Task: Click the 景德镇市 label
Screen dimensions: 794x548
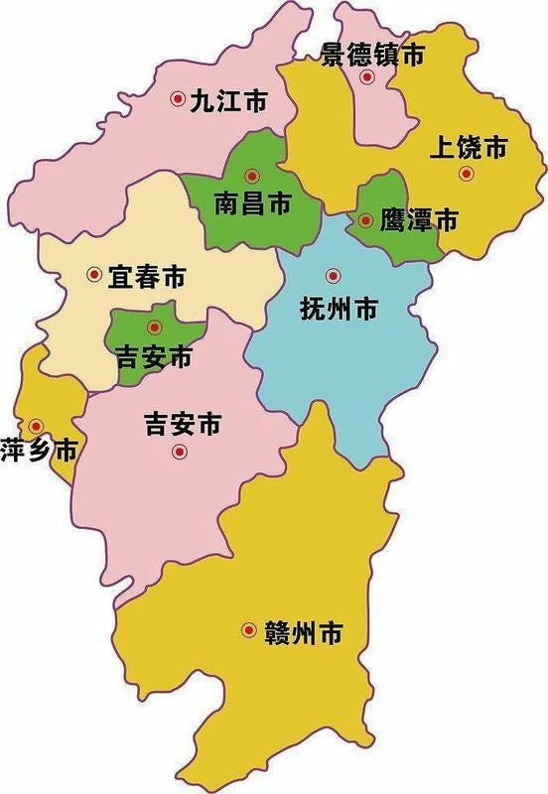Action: pyautogui.click(x=372, y=56)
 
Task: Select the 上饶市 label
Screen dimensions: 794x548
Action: pyautogui.click(x=469, y=149)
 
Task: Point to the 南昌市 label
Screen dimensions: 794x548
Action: pyautogui.click(x=253, y=204)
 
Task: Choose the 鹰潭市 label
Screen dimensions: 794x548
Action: pyautogui.click(x=419, y=222)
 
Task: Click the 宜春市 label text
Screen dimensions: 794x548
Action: pyautogui.click(x=147, y=277)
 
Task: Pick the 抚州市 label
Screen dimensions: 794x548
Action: pyautogui.click(x=339, y=309)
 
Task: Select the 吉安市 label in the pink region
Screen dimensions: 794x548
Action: pyautogui.click(x=181, y=425)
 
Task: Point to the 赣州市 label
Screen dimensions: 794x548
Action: pyautogui.click(x=304, y=631)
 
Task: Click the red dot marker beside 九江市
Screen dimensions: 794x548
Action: pyautogui.click(x=178, y=98)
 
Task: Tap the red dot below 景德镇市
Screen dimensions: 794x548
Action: pyautogui.click(x=367, y=76)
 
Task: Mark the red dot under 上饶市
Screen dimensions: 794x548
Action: pyautogui.click(x=466, y=175)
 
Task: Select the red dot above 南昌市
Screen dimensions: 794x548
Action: pyautogui.click(x=252, y=176)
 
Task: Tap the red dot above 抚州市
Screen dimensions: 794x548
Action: pyautogui.click(x=333, y=276)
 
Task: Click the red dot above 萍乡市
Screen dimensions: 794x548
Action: pyautogui.click(x=35, y=424)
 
